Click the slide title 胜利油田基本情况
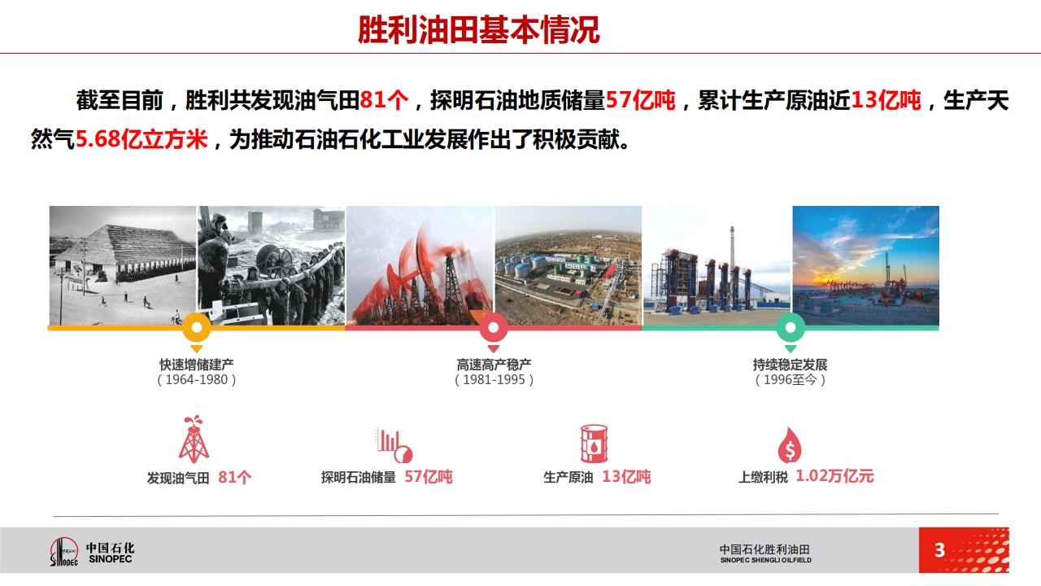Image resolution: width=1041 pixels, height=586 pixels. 479,30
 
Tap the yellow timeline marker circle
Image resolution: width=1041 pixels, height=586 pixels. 197,327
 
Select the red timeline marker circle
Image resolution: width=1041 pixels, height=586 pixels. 494,327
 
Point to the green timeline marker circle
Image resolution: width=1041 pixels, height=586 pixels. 791,327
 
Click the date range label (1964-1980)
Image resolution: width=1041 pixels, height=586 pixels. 197,380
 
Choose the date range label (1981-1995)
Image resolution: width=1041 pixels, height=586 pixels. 494,380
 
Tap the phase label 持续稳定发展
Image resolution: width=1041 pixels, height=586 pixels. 790,365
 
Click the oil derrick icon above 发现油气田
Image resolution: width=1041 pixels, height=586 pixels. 194,439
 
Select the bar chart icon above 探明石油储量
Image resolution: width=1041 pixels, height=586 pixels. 394,445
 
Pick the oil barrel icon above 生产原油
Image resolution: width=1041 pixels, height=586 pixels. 594,444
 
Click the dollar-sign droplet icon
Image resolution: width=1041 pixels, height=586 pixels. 790,445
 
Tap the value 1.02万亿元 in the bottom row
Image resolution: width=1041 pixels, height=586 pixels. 834,476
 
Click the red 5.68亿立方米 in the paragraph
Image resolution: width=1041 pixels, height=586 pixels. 142,139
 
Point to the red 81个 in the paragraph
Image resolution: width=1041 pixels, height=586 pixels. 384,100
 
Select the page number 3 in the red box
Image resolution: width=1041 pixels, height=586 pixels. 939,550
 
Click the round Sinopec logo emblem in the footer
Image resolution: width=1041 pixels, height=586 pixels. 64,552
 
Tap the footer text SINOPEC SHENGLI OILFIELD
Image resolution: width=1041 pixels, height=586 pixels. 766,561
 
